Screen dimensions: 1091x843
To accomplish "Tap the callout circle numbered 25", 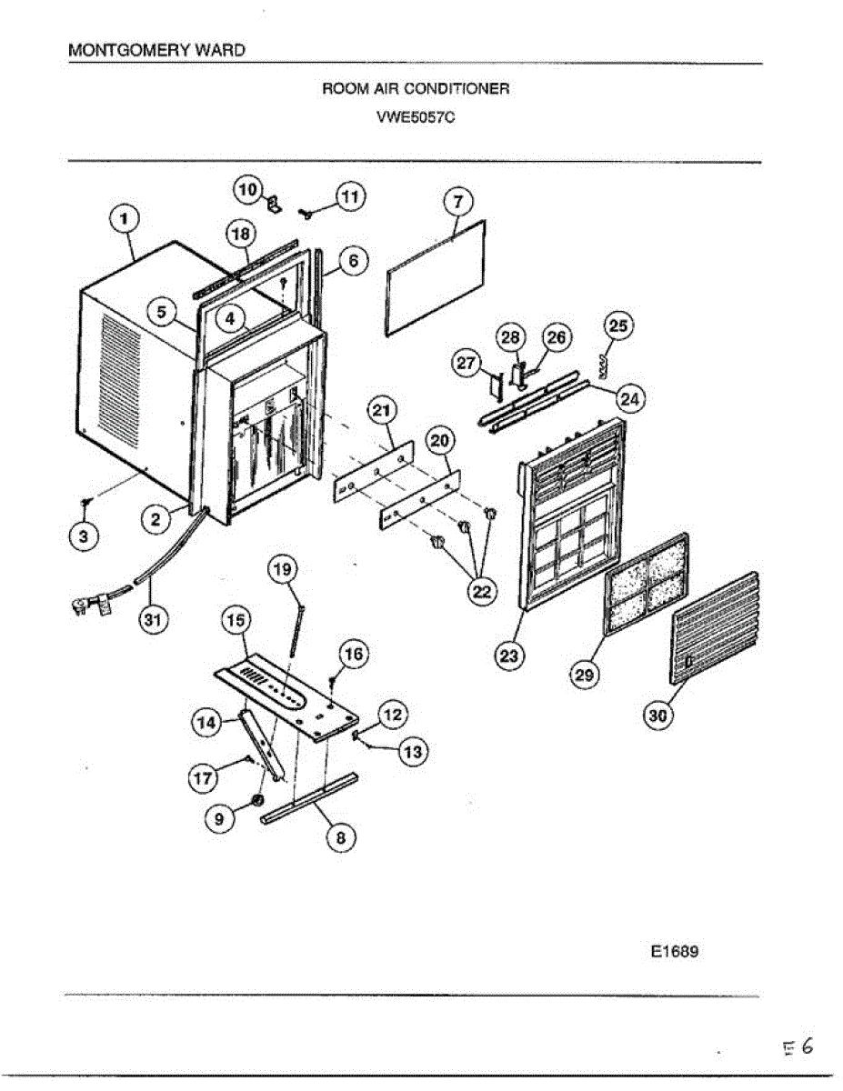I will [x=619, y=326].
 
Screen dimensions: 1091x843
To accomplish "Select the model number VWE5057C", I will [x=415, y=116].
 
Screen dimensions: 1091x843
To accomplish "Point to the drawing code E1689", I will [x=674, y=953].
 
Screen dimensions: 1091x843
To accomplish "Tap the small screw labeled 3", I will [x=85, y=503].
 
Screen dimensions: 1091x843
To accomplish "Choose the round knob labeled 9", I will [x=256, y=801].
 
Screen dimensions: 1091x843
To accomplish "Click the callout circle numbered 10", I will [x=247, y=189].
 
